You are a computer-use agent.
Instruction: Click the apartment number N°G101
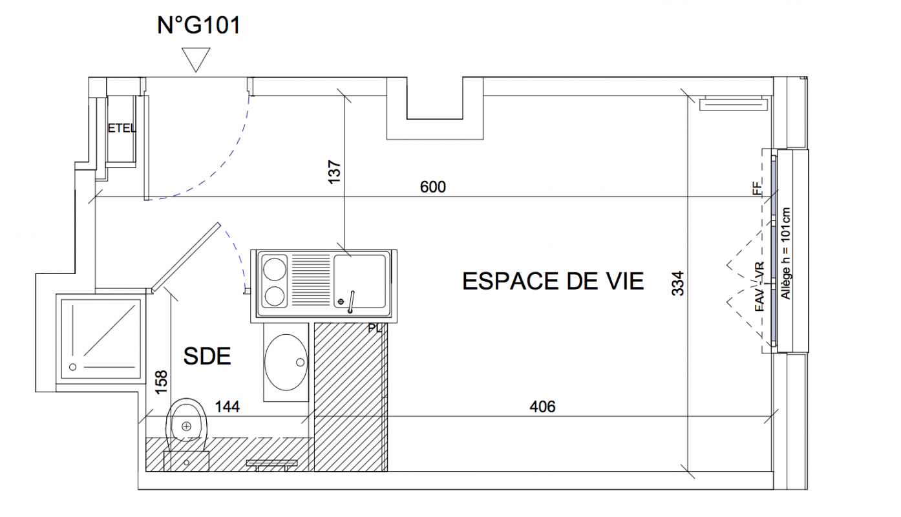tap(198, 25)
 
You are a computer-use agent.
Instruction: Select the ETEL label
tap(122, 128)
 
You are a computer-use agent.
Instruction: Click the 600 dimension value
tap(433, 187)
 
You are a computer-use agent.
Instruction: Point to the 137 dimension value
tap(335, 173)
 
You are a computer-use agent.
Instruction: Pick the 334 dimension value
tap(678, 284)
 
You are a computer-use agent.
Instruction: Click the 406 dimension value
tap(543, 407)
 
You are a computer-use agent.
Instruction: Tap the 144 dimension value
tap(228, 407)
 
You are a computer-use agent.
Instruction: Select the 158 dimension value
tap(161, 383)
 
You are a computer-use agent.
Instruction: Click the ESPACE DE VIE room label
tap(553, 281)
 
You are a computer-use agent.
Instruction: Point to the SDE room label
tap(207, 356)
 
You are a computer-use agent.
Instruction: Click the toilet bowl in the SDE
tap(186, 421)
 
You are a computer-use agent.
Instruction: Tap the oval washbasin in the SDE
tap(286, 362)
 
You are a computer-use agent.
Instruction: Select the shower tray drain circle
tap(73, 367)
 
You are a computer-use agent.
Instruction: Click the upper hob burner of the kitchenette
tap(274, 269)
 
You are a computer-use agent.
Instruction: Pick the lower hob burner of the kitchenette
tap(274, 297)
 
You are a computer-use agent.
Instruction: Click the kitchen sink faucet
tap(351, 302)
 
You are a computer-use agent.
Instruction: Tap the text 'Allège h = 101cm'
tap(785, 253)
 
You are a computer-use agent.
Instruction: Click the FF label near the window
tap(757, 188)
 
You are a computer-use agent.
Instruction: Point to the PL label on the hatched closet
tap(374, 328)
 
